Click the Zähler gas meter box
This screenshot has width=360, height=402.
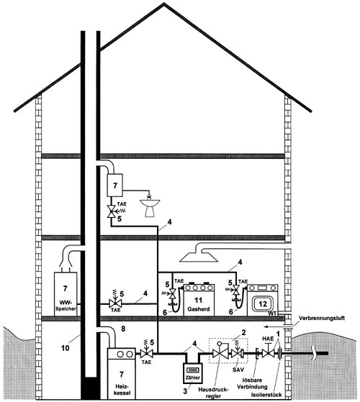coord(193,373)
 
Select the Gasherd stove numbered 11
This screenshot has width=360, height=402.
coord(199,300)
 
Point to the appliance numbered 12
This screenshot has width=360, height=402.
coord(263,300)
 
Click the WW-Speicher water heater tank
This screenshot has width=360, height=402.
coord(66,294)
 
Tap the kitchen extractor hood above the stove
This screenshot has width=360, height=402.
coord(199,257)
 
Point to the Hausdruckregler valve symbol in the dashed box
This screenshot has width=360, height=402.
coord(220,352)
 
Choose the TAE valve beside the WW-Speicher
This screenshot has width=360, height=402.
coord(115,302)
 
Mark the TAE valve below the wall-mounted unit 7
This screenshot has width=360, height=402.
coord(112,211)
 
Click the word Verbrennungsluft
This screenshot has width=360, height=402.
coord(322,318)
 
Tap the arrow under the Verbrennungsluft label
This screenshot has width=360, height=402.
coord(274,327)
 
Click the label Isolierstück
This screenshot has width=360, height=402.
coord(266,395)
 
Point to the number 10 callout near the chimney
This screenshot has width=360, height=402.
coord(66,348)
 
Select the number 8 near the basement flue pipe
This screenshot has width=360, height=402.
coord(123,329)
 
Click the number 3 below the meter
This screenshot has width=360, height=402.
coord(185,391)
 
